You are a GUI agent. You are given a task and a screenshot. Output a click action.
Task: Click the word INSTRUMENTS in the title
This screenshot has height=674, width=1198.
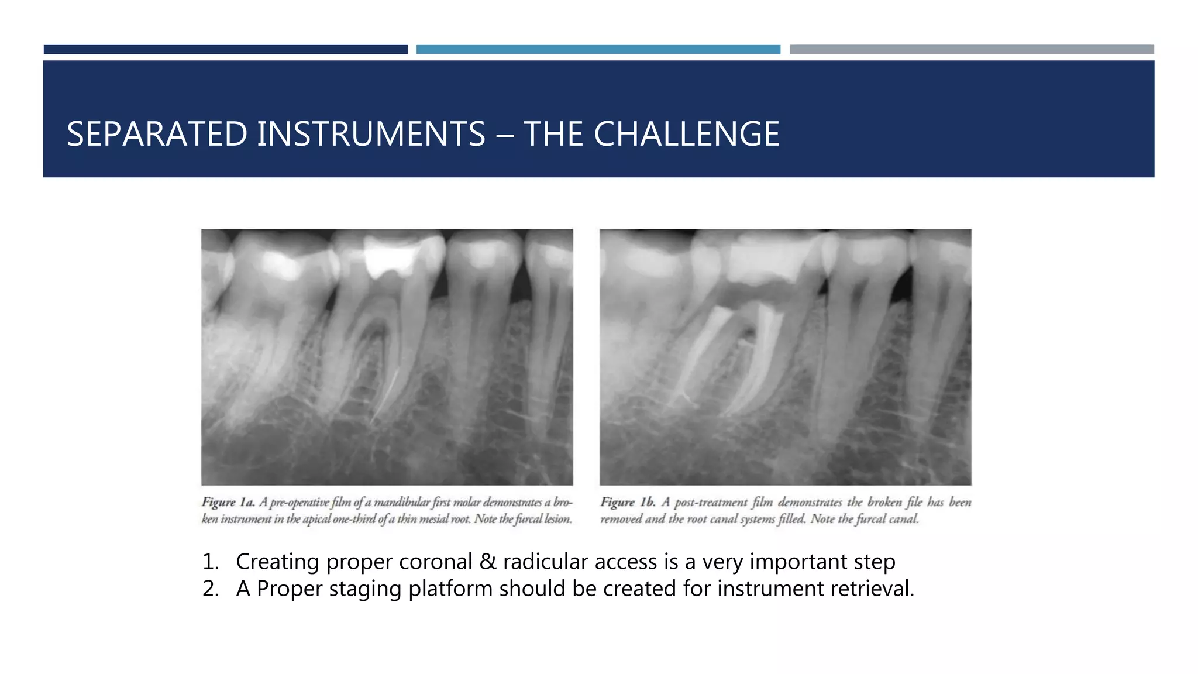tap(371, 134)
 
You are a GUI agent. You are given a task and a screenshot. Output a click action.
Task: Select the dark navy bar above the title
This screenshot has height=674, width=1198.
tap(225, 50)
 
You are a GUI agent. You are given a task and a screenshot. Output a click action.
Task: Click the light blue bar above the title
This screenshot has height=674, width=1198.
tap(598, 50)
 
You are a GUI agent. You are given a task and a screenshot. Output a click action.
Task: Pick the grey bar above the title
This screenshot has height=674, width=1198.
tap(972, 50)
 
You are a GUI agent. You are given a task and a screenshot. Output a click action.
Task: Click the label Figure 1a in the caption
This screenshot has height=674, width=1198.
tap(228, 502)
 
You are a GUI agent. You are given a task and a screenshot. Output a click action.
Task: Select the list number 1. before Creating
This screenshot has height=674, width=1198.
tap(210, 562)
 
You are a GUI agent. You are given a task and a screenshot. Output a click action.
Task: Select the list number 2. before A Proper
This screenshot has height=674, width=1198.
tap(210, 589)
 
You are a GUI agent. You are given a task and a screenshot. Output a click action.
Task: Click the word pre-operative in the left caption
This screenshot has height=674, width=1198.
tap(298, 502)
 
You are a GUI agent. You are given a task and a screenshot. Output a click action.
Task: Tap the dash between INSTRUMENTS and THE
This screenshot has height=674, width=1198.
tap(504, 135)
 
